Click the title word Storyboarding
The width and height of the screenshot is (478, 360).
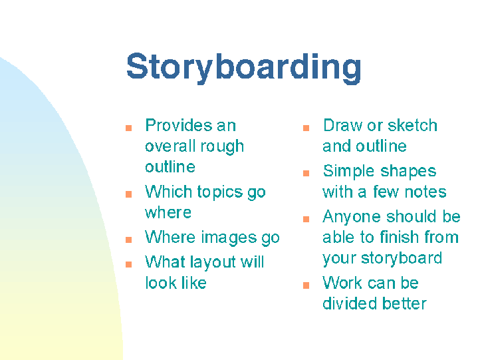[x=243, y=68]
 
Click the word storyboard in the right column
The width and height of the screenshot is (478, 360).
[x=401, y=258]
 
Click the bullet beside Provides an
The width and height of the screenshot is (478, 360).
[x=129, y=128]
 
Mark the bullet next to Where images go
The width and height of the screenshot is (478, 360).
[x=129, y=240]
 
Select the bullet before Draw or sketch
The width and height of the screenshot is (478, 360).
[x=306, y=128]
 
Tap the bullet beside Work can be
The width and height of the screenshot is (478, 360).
[x=306, y=285]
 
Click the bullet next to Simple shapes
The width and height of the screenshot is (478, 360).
[x=306, y=173]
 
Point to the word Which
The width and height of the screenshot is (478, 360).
[x=168, y=192]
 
